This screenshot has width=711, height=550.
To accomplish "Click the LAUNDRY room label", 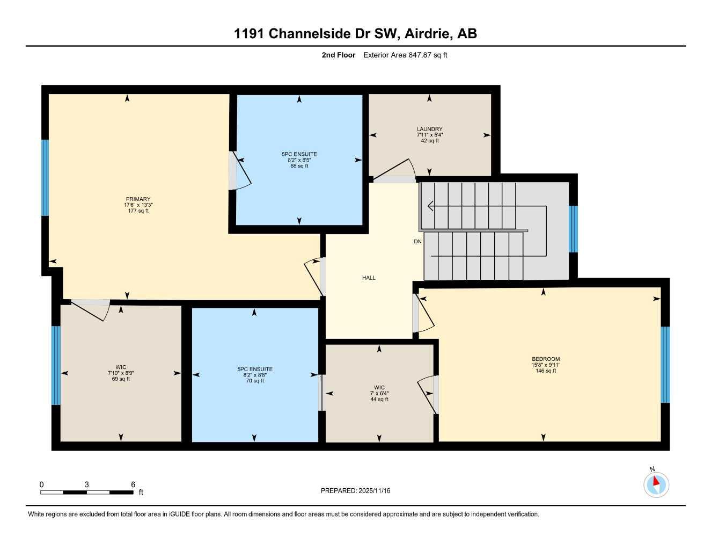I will pyautogui.click(x=429, y=129).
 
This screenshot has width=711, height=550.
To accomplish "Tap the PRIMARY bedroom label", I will pyautogui.click(x=138, y=199).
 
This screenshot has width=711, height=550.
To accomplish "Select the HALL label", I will pyautogui.click(x=369, y=278).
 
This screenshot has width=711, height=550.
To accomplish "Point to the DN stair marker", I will pyautogui.click(x=417, y=242).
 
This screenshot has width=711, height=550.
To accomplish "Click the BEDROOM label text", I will pyautogui.click(x=546, y=359).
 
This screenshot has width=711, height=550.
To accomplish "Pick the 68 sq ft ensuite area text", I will pyautogui.click(x=299, y=166).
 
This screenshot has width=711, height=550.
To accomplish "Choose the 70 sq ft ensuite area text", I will pyautogui.click(x=255, y=381).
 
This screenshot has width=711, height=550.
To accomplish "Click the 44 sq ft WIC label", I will pyautogui.click(x=379, y=399).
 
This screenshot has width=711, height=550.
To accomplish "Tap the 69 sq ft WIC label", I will pyautogui.click(x=121, y=379).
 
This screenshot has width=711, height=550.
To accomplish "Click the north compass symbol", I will pyautogui.click(x=656, y=484).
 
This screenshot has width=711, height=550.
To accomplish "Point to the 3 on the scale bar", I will pyautogui.click(x=86, y=484).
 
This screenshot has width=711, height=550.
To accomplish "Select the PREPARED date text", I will pyautogui.click(x=355, y=490).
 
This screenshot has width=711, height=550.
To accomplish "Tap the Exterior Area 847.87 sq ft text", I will pyautogui.click(x=405, y=55).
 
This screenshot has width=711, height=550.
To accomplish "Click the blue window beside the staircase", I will pyautogui.click(x=573, y=229).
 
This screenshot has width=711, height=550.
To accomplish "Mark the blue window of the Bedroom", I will pyautogui.click(x=665, y=365).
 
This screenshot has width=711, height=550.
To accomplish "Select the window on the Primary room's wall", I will pyautogui.click(x=45, y=178).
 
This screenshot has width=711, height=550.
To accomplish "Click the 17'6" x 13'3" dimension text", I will pyautogui.click(x=138, y=205).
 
